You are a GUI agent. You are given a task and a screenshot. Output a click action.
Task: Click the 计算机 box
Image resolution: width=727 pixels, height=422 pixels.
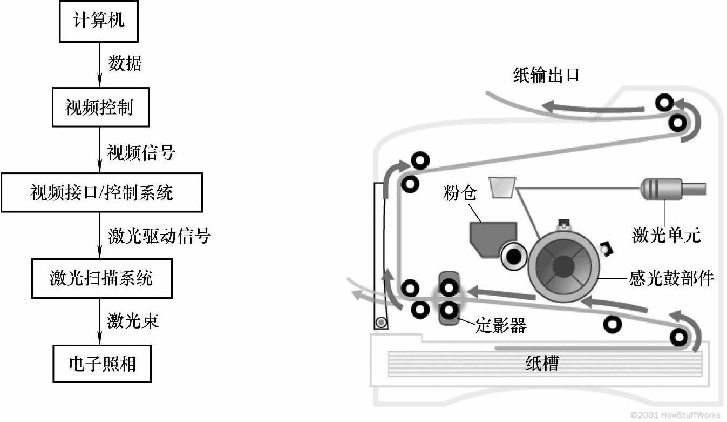[x=99, y=21]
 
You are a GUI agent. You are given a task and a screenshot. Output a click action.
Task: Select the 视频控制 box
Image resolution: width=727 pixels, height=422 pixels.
[x=99, y=108]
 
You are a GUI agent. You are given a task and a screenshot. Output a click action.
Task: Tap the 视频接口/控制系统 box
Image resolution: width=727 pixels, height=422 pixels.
[x=101, y=192]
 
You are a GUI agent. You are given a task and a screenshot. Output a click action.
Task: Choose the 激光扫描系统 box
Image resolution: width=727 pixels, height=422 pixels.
[x=101, y=278]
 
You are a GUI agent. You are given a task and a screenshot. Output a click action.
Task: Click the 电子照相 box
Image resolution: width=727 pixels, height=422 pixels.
[x=101, y=364]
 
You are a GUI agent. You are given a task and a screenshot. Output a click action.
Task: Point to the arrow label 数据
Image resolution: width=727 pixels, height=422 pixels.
[x=125, y=64]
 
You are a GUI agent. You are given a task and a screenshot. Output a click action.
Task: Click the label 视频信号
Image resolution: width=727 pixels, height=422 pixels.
[x=141, y=153]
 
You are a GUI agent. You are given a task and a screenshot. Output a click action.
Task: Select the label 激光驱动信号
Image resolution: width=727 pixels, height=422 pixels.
[x=159, y=236]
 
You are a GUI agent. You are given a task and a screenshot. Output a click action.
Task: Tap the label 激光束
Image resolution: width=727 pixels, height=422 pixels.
[x=133, y=321]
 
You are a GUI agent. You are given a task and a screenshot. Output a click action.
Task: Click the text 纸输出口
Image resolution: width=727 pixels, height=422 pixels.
[x=546, y=75]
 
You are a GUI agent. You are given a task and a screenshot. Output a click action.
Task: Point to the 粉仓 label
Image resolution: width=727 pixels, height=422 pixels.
[x=460, y=193]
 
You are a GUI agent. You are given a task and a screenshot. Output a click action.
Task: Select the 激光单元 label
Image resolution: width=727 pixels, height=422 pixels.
[x=666, y=235]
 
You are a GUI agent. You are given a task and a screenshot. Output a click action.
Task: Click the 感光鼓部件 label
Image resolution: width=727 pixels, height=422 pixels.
[x=671, y=279]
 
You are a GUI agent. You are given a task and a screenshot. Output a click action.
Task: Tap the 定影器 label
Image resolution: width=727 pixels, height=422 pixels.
[x=500, y=325]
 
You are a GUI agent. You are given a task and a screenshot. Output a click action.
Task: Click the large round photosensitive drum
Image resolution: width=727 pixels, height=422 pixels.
[x=563, y=265]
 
